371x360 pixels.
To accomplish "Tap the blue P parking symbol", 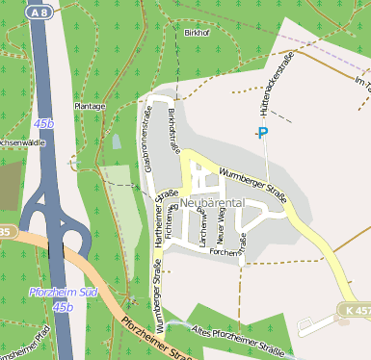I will coord(262,133).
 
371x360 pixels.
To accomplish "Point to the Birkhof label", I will coord(196,33).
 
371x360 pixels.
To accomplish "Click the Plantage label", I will coord(90,105).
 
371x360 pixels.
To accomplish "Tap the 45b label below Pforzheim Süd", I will coord(63,306).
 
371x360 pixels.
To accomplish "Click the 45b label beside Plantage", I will coord(43,124).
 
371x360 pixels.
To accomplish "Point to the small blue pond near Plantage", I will coord(117,141).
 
